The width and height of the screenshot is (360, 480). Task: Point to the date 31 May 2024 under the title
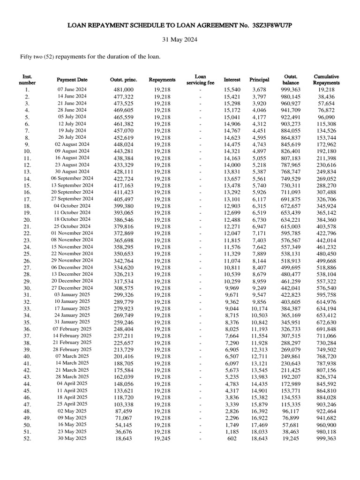(180, 40)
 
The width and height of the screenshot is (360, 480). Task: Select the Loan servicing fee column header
(200, 79)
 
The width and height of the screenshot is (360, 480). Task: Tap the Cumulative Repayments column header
(326, 79)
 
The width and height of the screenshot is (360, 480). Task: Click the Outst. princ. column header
(124, 80)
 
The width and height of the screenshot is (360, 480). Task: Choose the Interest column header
(232, 80)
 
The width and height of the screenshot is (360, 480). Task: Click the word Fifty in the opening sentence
(27, 57)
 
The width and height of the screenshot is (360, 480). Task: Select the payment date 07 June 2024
(72, 89)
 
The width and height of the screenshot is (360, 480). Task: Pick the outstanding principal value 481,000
(124, 89)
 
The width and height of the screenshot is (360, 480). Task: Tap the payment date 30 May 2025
(72, 439)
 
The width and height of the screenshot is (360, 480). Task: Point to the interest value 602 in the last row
(232, 439)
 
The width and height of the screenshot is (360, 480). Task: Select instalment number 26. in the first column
(27, 261)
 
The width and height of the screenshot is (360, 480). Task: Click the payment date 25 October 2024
(72, 226)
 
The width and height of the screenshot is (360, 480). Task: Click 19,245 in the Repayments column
(162, 439)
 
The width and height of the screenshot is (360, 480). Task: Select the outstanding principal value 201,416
(124, 356)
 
